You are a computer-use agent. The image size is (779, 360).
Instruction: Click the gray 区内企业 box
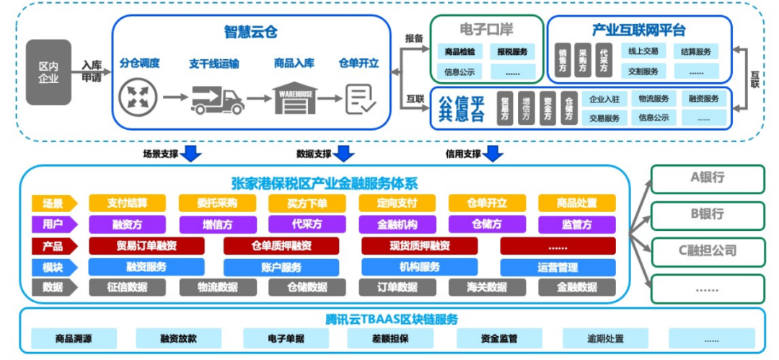[x=48, y=72]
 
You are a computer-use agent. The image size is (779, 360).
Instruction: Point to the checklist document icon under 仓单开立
[x=360, y=99]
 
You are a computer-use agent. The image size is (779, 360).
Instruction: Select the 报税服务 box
[x=513, y=52]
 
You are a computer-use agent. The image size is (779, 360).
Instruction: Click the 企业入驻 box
[x=604, y=99]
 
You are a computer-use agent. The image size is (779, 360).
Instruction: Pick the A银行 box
[x=707, y=178]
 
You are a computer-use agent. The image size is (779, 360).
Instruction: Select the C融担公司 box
[x=707, y=250]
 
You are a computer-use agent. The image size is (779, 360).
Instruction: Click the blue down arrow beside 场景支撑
[x=192, y=153]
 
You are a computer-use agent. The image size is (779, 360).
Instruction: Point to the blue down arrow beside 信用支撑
[x=493, y=153]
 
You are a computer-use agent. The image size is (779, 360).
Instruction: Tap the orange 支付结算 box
[x=127, y=203]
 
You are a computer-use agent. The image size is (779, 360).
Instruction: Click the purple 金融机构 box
[x=397, y=224]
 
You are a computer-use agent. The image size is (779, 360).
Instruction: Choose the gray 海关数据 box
[x=487, y=287]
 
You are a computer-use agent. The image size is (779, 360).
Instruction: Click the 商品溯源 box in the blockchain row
[x=74, y=338]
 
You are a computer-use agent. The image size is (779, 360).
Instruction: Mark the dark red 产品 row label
[x=53, y=246]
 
